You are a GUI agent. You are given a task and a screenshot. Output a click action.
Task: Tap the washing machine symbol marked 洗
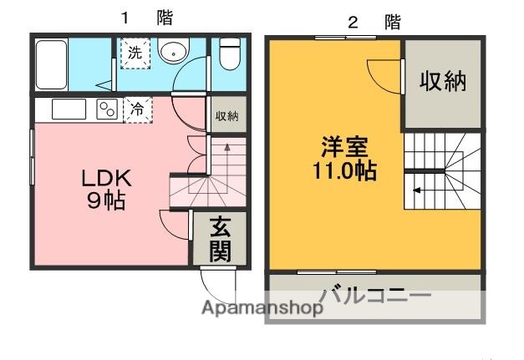134,52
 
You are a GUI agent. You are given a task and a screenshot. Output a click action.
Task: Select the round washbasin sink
173,52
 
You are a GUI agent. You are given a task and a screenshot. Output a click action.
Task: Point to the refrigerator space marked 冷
136,108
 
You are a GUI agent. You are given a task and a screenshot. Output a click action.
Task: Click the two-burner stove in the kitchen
106,109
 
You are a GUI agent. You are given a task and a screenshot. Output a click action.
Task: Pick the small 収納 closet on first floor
226,116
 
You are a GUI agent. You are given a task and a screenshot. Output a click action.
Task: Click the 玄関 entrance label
221,238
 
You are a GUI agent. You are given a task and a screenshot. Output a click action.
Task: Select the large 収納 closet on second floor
442,82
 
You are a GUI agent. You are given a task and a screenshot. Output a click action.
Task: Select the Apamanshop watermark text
262,308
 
